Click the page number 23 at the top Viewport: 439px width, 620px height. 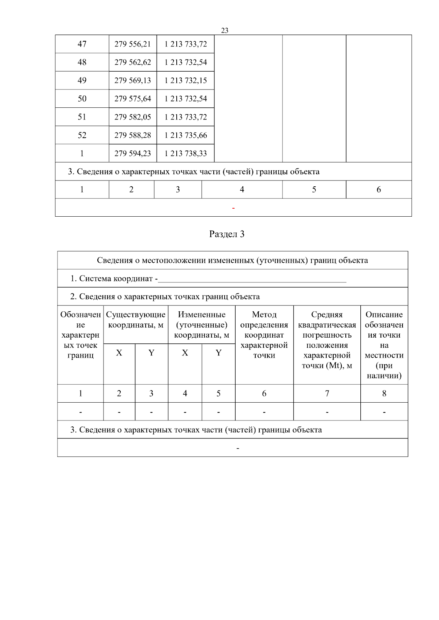(x=225, y=30)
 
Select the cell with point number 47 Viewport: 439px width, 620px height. (x=82, y=44)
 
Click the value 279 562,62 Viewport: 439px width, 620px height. (x=132, y=62)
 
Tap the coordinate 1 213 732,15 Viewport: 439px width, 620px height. (x=185, y=81)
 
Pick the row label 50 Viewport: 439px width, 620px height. (x=82, y=99)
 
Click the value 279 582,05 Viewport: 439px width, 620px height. (x=132, y=117)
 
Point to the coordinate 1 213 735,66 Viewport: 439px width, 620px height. (x=185, y=136)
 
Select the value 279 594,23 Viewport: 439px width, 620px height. (x=132, y=153)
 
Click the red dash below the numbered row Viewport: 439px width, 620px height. (x=233, y=208)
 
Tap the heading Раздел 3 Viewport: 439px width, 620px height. (x=226, y=234)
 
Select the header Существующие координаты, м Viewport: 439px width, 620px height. (x=136, y=320)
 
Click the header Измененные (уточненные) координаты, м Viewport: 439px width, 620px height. (x=202, y=325)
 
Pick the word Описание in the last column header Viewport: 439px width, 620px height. (x=384, y=315)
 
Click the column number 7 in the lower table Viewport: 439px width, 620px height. (x=327, y=393)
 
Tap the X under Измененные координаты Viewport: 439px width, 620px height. (x=185, y=353)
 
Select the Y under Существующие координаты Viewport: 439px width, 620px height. (x=151, y=353)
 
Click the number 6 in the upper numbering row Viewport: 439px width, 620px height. (x=379, y=190)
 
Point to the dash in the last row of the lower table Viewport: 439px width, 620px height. (x=238, y=448)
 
